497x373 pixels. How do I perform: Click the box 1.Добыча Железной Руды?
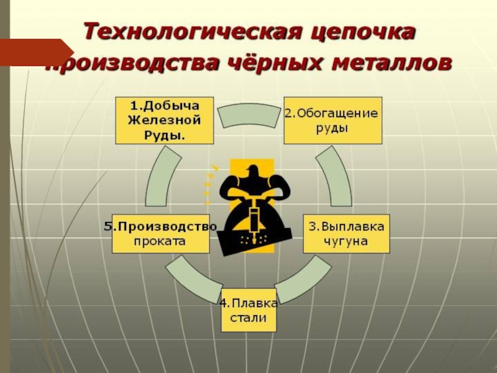(164, 119)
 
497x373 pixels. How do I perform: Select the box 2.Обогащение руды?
(333, 120)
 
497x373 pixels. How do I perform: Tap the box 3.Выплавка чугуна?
(346, 233)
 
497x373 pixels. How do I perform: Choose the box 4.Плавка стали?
(248, 310)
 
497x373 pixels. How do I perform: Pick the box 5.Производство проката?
(160, 233)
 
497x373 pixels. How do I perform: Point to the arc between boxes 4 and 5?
(192, 277)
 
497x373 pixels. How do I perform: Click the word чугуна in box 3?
(346, 240)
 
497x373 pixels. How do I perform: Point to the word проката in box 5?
(160, 241)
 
